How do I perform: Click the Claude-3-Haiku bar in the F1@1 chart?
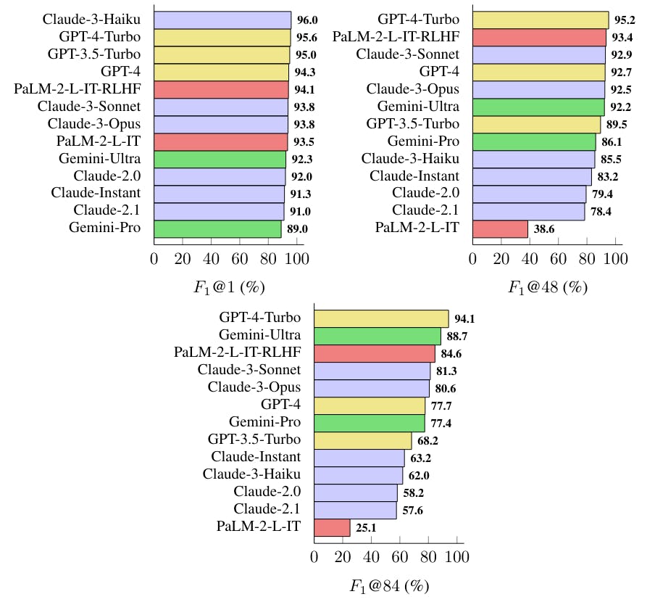click(x=222, y=20)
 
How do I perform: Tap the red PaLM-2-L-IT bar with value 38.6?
click(x=500, y=228)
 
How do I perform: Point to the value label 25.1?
click(x=367, y=528)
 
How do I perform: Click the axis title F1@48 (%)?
click(x=547, y=286)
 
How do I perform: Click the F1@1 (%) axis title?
click(x=228, y=286)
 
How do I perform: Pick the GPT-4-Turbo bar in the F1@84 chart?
click(x=381, y=318)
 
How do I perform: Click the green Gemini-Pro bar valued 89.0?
click(x=217, y=228)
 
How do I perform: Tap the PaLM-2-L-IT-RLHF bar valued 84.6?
click(x=375, y=353)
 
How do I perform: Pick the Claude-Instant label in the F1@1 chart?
click(x=96, y=193)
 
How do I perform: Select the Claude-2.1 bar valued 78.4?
click(x=528, y=211)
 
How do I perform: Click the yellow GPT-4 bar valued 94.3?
click(x=221, y=72)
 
